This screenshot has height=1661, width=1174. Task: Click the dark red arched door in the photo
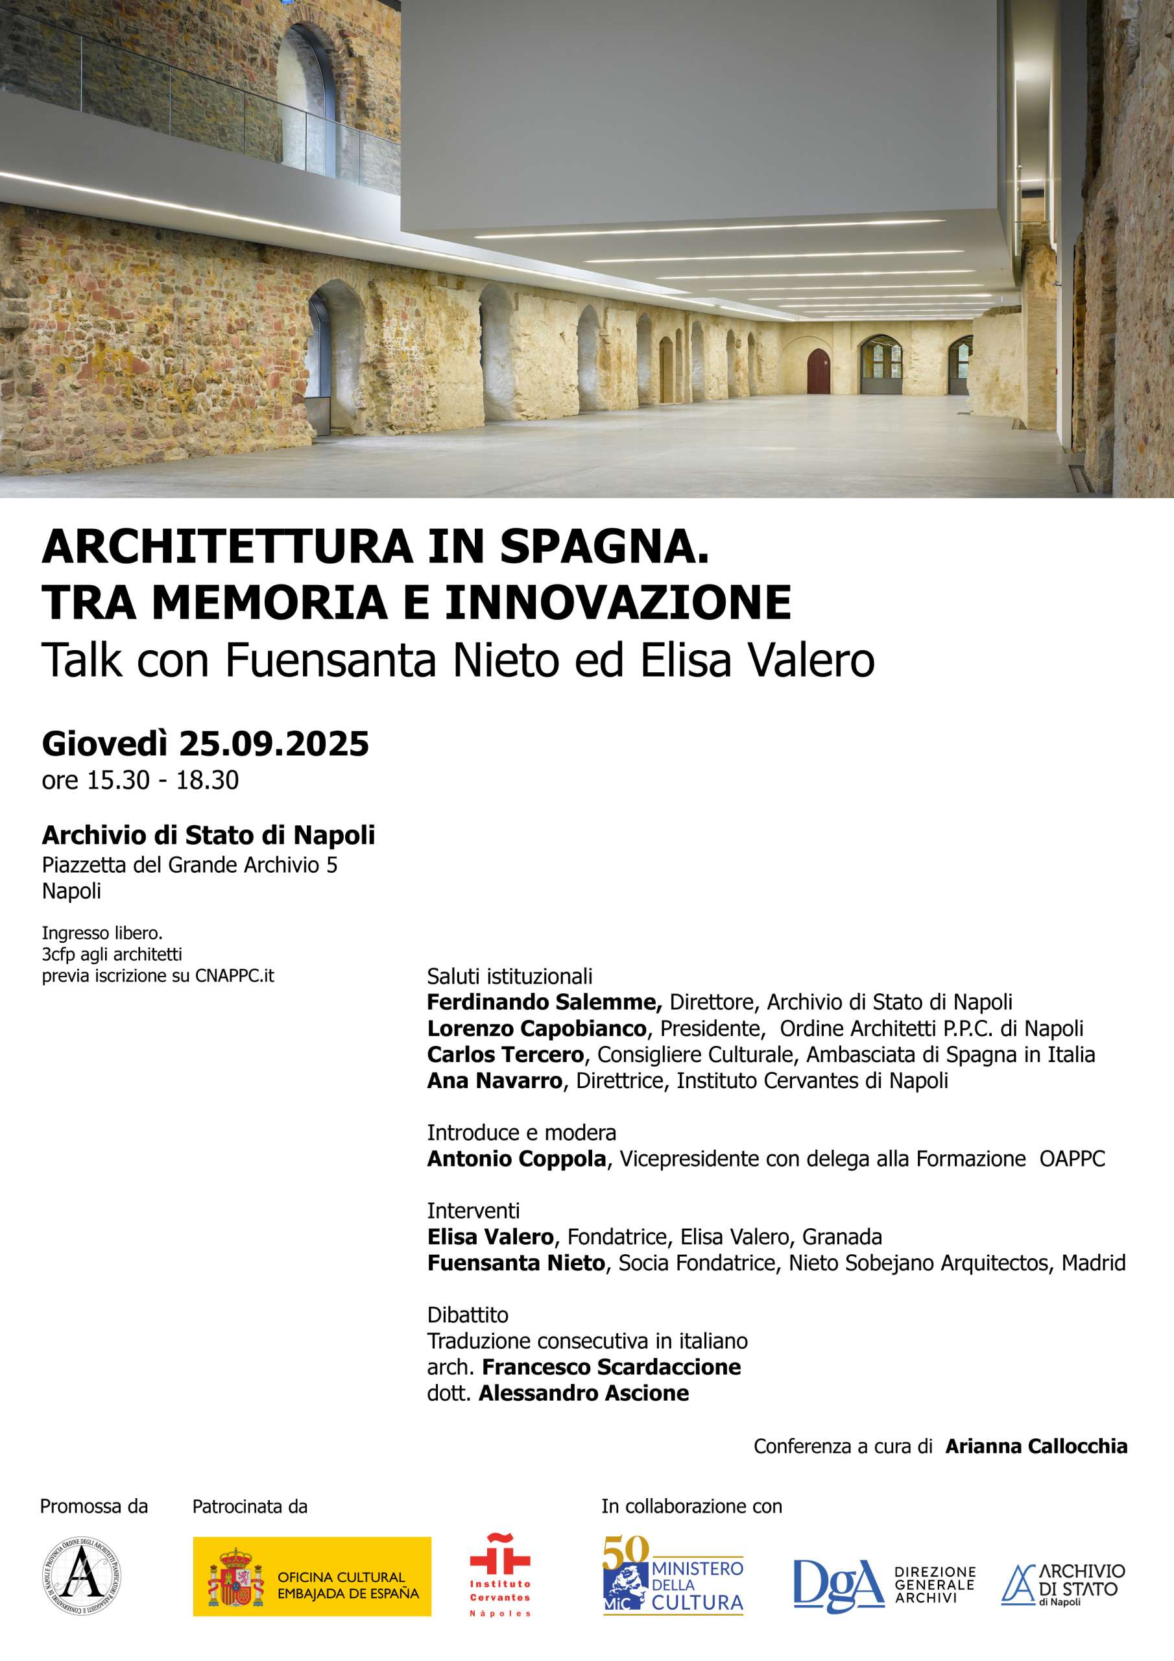[817, 370]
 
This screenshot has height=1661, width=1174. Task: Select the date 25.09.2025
[274, 744]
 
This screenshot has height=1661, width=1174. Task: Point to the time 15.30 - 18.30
[163, 780]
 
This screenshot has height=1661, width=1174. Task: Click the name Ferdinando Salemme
[544, 1002]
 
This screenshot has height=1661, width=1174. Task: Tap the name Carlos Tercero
[505, 1055]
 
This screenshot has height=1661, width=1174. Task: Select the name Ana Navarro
[494, 1081]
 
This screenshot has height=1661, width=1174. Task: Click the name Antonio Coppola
[516, 1159]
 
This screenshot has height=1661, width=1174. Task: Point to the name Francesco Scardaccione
[611, 1367]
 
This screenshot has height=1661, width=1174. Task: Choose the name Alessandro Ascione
[584, 1393]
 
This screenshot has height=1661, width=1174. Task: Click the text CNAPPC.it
[234, 975]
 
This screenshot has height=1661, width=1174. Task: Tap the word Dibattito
[467, 1315]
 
